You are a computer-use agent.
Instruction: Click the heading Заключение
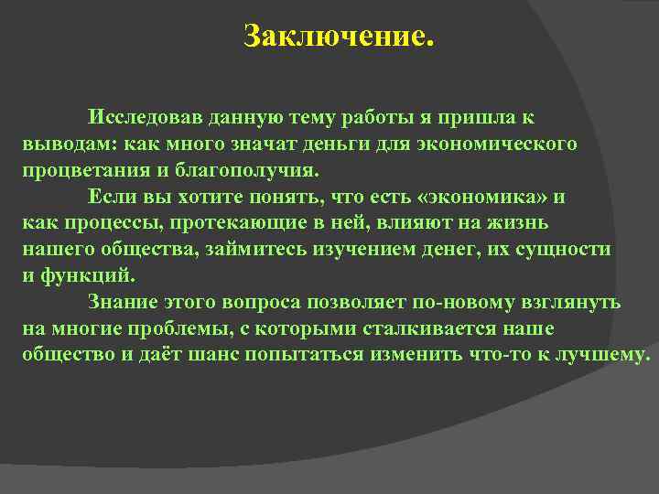(x=336, y=38)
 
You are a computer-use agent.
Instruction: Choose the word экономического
(x=497, y=145)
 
